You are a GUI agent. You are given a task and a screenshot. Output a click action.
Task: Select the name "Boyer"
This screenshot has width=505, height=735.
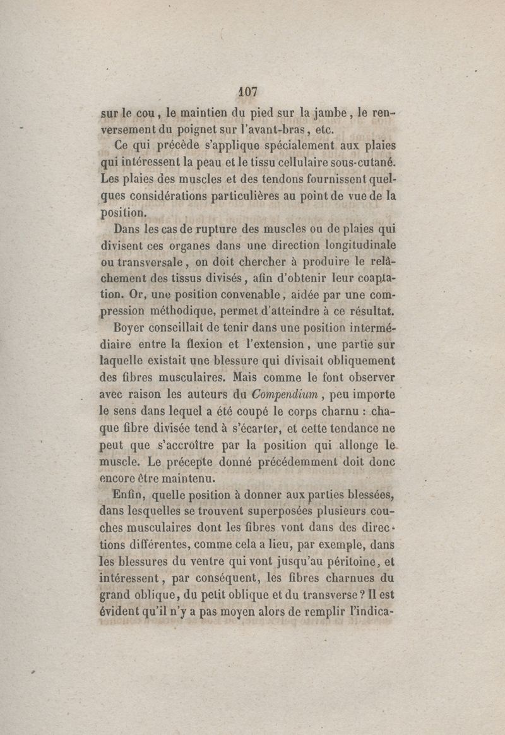131,328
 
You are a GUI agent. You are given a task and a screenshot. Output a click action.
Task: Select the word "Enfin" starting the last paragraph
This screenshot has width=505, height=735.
125,495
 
